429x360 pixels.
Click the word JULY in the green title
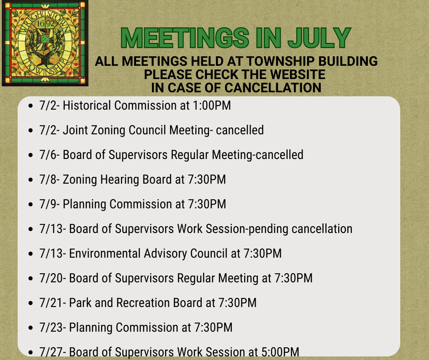[x=319, y=37]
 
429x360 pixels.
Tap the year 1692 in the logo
[x=46, y=24]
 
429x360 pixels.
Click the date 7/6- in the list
[x=50, y=155]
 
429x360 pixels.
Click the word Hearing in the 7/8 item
[x=120, y=180]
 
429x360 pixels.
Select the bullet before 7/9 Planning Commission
[x=31, y=205]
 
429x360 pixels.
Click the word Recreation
[x=143, y=303]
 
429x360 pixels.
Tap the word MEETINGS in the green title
[x=185, y=37]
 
